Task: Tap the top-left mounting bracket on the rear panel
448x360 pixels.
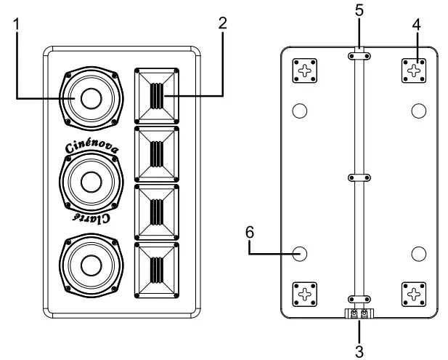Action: point(304,71)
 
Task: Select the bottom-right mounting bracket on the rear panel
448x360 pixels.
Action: point(415,295)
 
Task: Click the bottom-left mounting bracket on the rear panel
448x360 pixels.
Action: point(304,295)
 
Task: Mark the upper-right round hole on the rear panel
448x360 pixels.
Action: point(418,111)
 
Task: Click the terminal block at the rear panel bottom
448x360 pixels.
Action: point(359,313)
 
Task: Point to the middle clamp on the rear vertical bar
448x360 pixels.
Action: point(359,177)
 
